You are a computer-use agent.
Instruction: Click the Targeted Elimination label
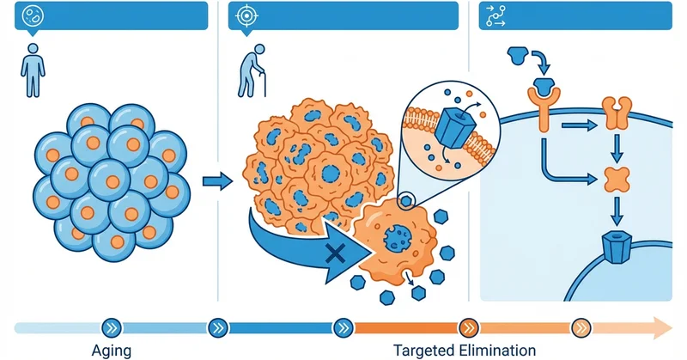464,350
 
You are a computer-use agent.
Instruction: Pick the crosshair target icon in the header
246,15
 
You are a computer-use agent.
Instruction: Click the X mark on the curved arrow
334,253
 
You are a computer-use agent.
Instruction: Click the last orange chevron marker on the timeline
581,326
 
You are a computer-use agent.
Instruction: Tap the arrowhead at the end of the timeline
663,326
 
